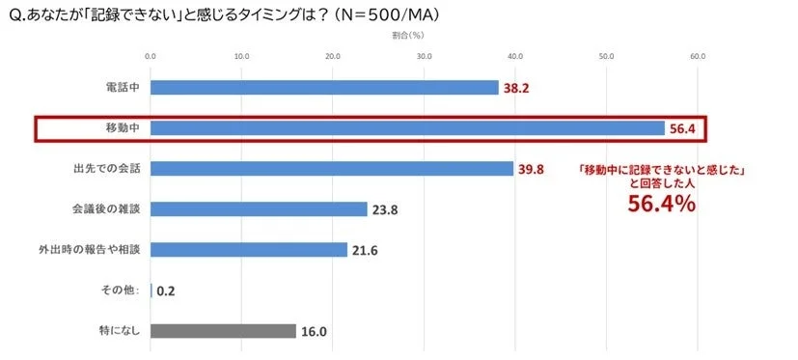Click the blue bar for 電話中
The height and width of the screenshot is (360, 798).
(x=324, y=88)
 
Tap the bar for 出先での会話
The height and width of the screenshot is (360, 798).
(x=332, y=169)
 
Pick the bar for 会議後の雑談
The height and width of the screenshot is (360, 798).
(x=259, y=209)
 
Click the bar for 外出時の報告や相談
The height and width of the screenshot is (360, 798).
(x=249, y=250)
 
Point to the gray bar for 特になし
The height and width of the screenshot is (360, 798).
(x=223, y=331)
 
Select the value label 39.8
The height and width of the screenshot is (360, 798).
(x=533, y=169)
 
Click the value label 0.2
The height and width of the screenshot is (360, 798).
(x=166, y=291)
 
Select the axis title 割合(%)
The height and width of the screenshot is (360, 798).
(x=424, y=35)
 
